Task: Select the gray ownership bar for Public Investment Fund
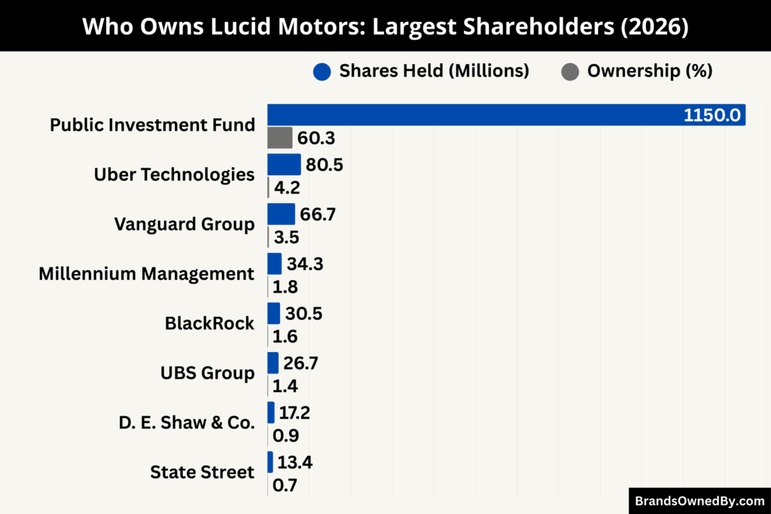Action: (279, 138)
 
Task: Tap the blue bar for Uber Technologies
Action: (284, 164)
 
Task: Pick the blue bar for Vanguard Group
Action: (281, 214)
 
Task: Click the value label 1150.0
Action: (712, 116)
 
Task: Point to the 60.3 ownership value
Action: (316, 138)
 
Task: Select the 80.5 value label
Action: (325, 164)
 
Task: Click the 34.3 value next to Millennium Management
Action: (305, 263)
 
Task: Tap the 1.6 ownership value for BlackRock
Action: (285, 336)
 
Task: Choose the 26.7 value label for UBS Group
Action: (301, 363)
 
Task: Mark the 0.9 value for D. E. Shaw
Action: (285, 436)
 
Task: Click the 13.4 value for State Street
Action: (294, 462)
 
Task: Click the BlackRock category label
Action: (209, 324)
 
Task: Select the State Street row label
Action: (202, 472)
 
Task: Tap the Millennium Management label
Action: (146, 274)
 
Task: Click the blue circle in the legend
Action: (322, 71)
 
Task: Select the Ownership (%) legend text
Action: (649, 71)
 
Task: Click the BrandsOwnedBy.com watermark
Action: (699, 500)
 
